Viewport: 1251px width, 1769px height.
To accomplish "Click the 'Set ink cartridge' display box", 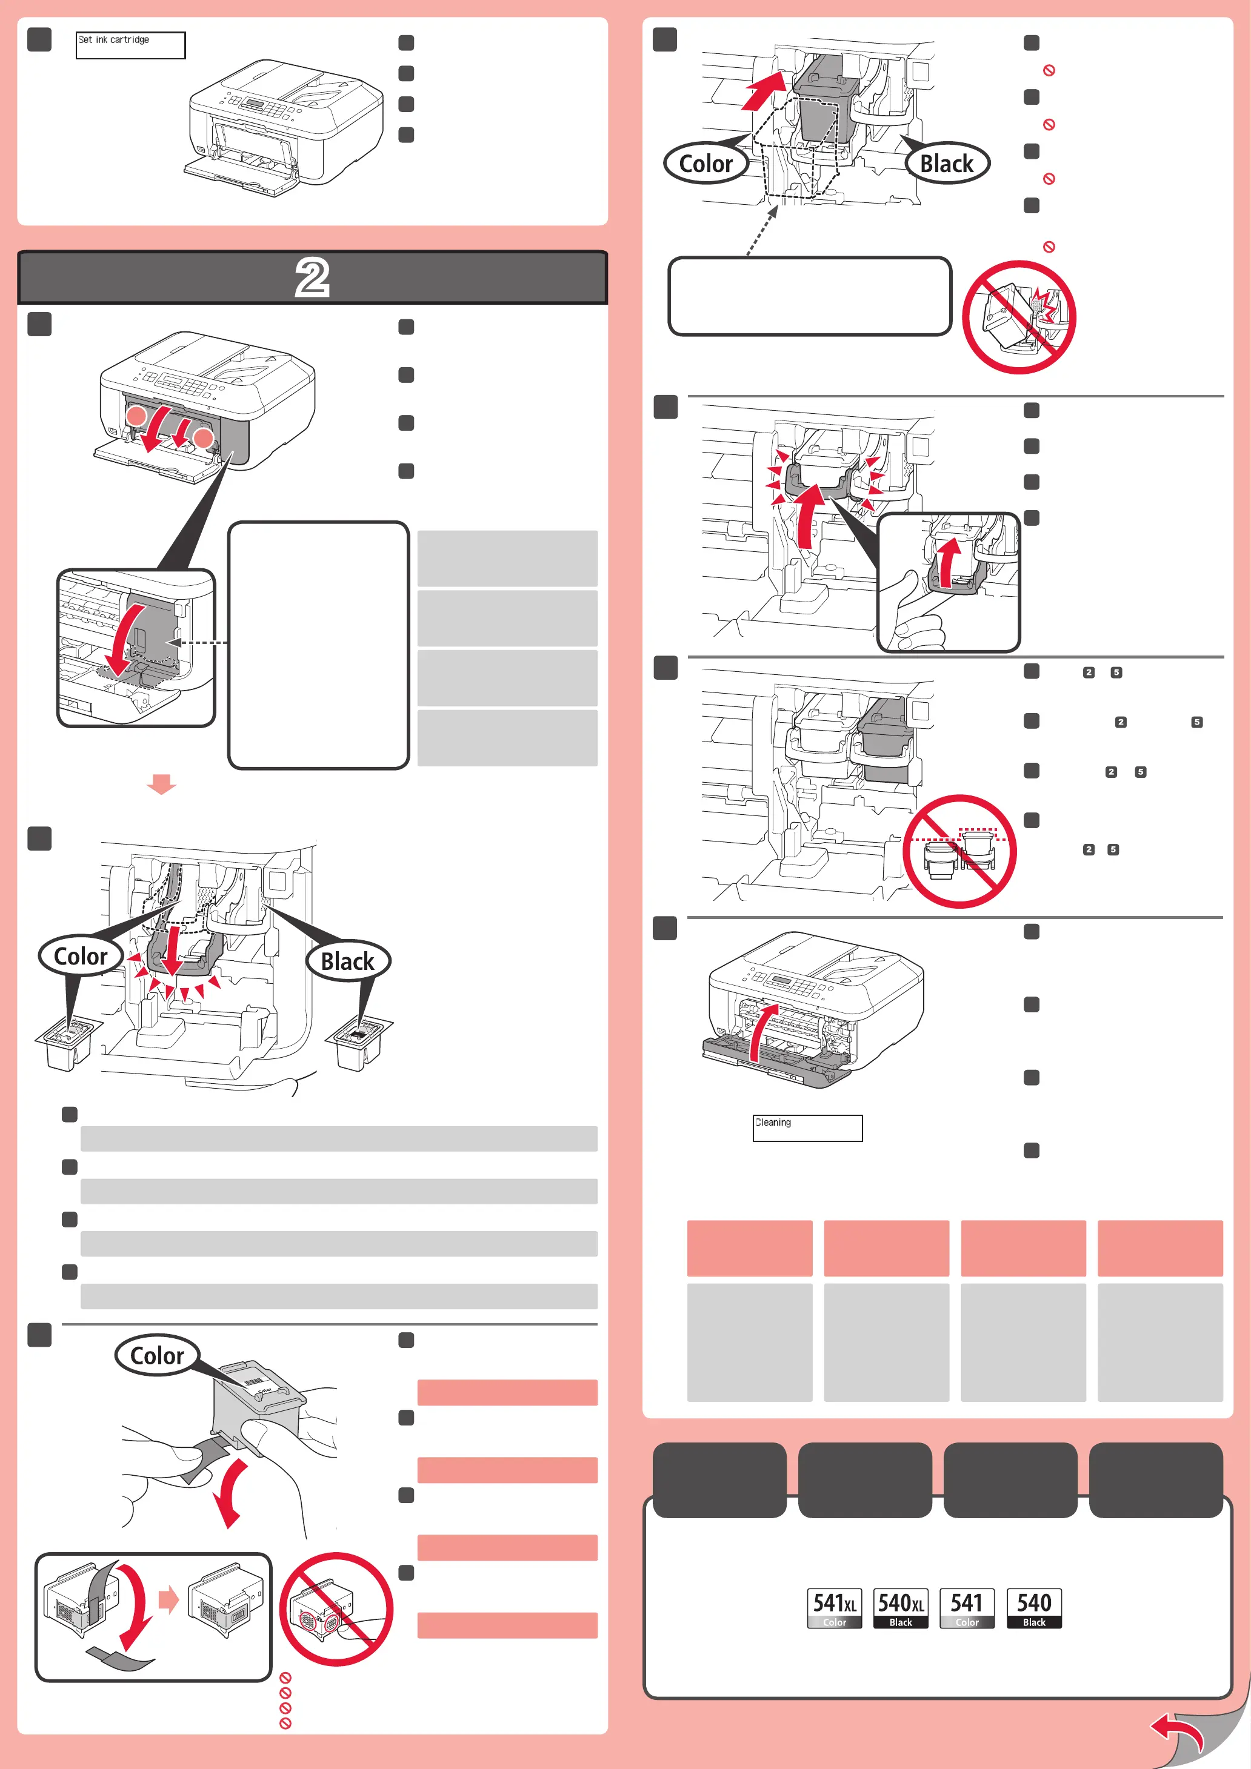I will point(130,45).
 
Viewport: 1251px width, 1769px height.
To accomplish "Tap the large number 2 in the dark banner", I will point(312,278).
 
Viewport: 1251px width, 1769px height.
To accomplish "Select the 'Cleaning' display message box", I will point(807,1128).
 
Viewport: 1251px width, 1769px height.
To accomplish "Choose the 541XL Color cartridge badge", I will point(834,1608).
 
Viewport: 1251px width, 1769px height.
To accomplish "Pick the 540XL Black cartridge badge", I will point(900,1608).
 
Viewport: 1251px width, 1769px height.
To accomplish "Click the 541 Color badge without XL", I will point(967,1608).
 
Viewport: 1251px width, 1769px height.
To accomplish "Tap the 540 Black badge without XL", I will point(1033,1608).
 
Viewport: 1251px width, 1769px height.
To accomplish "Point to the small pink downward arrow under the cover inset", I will point(162,783).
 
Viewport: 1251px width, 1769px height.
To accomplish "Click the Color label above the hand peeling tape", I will point(157,1355).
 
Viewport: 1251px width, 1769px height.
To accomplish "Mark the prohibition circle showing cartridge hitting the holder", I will point(1019,317).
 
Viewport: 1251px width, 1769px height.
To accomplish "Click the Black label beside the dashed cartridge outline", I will point(947,164).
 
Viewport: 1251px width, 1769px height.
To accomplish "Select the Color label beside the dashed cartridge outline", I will point(706,164).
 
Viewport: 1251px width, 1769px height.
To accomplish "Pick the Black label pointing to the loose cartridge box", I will point(348,961).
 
